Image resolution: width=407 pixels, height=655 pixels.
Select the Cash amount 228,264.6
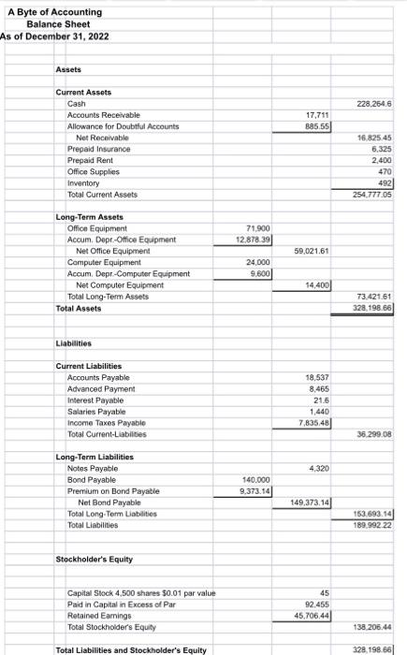click(373, 104)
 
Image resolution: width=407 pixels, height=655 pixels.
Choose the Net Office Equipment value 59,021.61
click(310, 251)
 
